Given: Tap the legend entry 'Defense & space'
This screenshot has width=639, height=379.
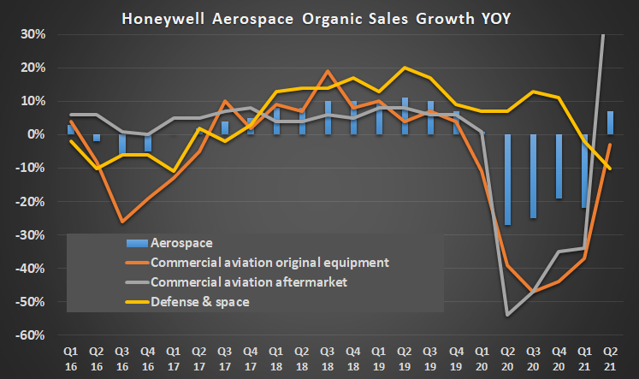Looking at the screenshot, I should point(199,300).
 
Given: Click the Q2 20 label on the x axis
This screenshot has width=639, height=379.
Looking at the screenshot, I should point(508,358).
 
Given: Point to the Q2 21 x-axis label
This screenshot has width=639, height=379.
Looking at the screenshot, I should point(611,358).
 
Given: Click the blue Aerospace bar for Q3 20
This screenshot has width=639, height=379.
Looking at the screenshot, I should point(533,176).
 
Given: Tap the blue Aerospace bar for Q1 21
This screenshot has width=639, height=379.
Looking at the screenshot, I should point(585,171).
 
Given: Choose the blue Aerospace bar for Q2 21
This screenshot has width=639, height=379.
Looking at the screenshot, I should point(611,123).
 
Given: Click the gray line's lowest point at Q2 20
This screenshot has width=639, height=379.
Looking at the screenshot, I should point(508,315).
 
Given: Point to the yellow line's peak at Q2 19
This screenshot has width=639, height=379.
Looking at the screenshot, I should point(405,68).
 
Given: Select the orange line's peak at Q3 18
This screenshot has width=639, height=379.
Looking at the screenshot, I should point(328,71).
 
